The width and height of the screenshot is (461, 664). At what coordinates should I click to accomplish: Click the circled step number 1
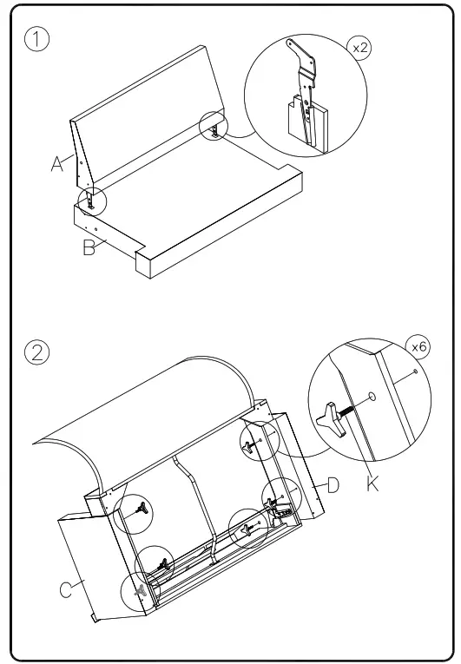point(36,39)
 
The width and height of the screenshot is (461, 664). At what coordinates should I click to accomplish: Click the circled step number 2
point(36,352)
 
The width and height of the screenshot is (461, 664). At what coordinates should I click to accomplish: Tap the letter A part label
point(57,164)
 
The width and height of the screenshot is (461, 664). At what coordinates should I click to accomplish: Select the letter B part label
point(89,247)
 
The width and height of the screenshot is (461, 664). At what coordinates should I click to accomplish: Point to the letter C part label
point(66,590)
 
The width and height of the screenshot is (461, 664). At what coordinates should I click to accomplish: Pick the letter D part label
point(333,485)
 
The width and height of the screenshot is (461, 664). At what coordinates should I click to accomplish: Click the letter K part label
point(372,483)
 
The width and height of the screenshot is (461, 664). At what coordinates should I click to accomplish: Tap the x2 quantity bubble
point(359,48)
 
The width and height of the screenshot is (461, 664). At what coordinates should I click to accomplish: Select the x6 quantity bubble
point(418,347)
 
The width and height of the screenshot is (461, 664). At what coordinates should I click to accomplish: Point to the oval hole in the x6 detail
point(372,397)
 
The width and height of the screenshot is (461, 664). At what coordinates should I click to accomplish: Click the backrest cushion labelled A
point(146,119)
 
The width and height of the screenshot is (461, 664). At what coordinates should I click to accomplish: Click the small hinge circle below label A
point(92,201)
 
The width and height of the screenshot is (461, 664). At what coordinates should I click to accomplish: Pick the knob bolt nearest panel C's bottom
point(141,590)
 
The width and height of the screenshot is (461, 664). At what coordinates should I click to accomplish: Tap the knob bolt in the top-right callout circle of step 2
point(249,448)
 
